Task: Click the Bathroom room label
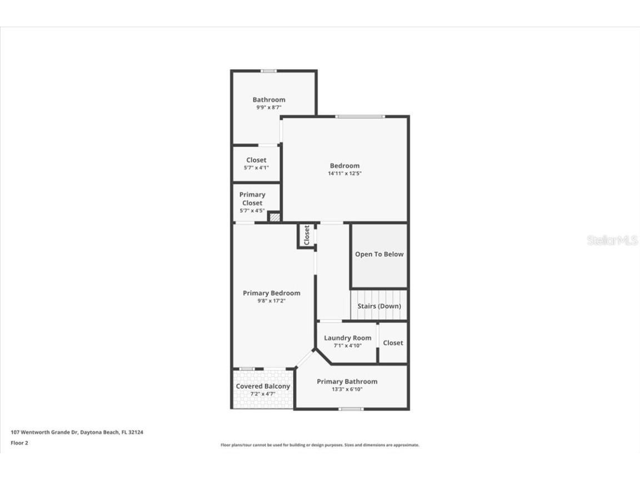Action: (x=269, y=100)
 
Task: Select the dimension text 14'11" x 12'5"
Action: (x=344, y=173)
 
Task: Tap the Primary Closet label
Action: (x=252, y=199)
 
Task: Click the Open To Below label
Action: (x=379, y=254)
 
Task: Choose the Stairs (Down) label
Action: (x=379, y=306)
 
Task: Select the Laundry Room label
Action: (x=348, y=338)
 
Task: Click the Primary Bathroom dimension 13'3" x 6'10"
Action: (x=347, y=389)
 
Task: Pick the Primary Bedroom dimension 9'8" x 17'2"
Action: (x=271, y=301)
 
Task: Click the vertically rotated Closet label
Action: (x=306, y=235)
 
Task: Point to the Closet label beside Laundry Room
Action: (x=393, y=343)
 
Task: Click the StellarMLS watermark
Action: (x=612, y=241)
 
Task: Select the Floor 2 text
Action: (x=19, y=443)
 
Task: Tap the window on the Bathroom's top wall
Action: (x=269, y=71)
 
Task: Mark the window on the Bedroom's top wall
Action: (x=359, y=116)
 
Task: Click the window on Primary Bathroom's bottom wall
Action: (x=351, y=409)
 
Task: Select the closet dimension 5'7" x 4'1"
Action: (x=256, y=167)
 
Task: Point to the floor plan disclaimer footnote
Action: (x=320, y=445)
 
